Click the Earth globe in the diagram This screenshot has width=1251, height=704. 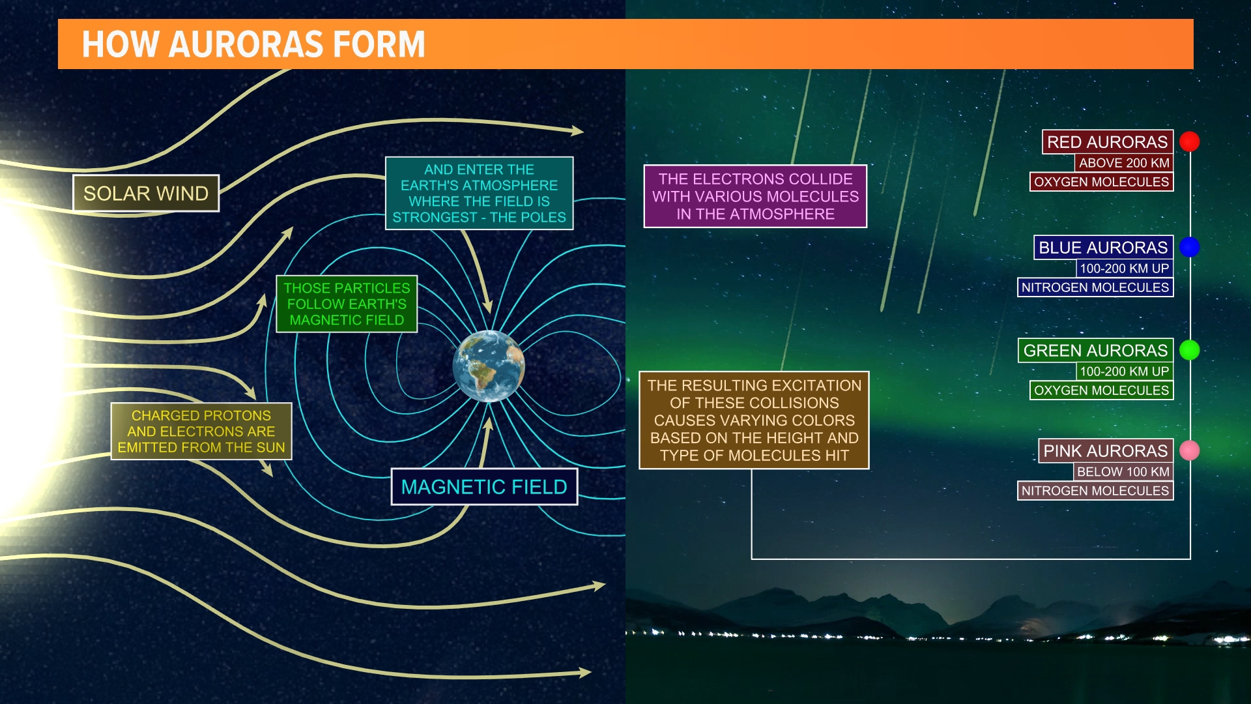489,366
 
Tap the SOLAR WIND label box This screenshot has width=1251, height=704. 146,194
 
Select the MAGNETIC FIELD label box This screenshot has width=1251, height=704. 484,487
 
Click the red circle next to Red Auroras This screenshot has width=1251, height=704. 1190,141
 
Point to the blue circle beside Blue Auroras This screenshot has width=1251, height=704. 1190,247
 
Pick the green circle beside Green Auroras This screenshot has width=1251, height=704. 1190,350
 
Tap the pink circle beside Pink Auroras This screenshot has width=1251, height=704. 1190,450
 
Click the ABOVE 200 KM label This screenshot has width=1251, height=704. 1123,163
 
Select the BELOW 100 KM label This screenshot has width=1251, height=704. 1123,472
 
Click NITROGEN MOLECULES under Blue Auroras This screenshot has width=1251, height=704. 1095,287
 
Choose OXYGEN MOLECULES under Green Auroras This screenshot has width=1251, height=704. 1101,390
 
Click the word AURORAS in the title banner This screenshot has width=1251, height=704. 246,44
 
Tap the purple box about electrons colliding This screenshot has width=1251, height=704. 755,196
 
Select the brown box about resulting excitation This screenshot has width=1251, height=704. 754,420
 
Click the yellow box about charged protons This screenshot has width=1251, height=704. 201,432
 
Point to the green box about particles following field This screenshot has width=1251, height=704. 347,304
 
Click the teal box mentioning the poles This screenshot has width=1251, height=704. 479,194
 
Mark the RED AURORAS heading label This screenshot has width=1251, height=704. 1107,142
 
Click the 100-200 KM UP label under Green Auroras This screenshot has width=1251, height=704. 1124,372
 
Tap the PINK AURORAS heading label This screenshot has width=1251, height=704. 1105,451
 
